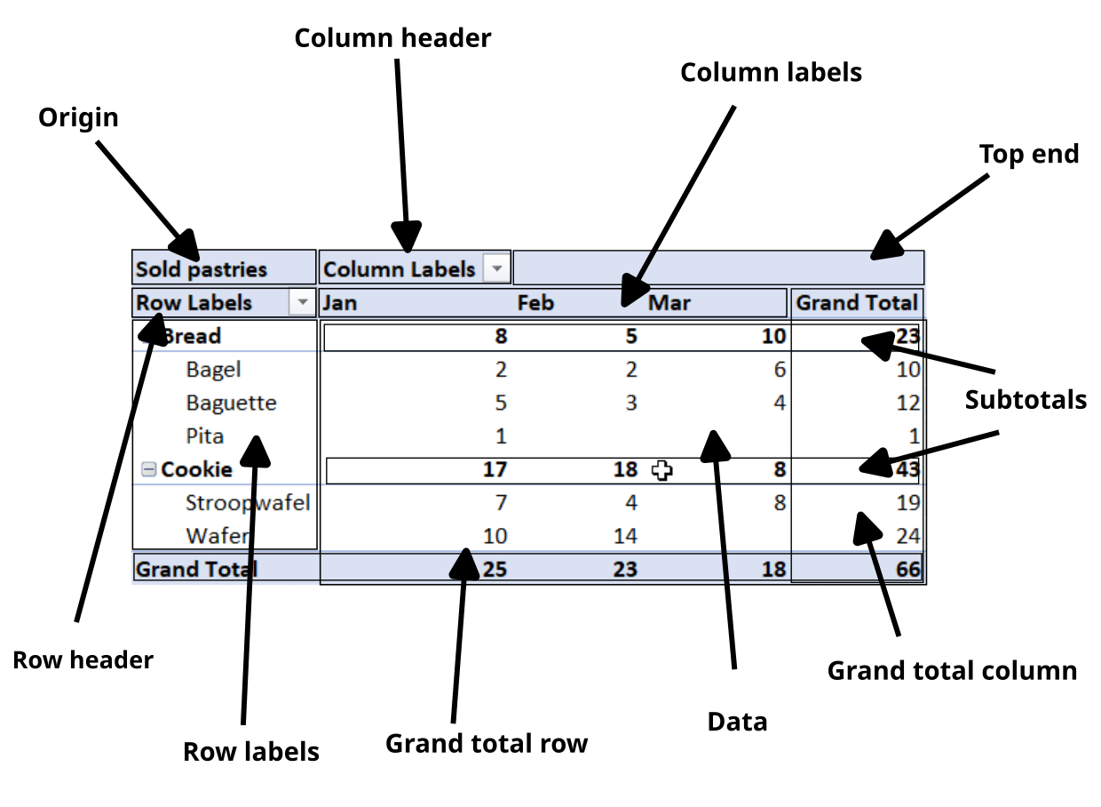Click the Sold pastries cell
point(201,269)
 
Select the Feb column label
point(535,303)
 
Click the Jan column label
point(340,303)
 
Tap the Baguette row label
point(231,403)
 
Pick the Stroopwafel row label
point(248,502)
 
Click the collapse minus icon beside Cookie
point(149,469)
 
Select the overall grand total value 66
point(907,570)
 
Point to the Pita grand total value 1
point(914,436)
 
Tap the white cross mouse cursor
point(661,470)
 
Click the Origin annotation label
point(78,117)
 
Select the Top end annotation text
point(1028,154)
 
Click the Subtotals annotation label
point(1026,400)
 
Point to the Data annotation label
point(737,722)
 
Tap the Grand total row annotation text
point(486,743)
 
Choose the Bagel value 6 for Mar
point(779,370)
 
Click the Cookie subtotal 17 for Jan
point(495,469)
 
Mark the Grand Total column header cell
point(856,303)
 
